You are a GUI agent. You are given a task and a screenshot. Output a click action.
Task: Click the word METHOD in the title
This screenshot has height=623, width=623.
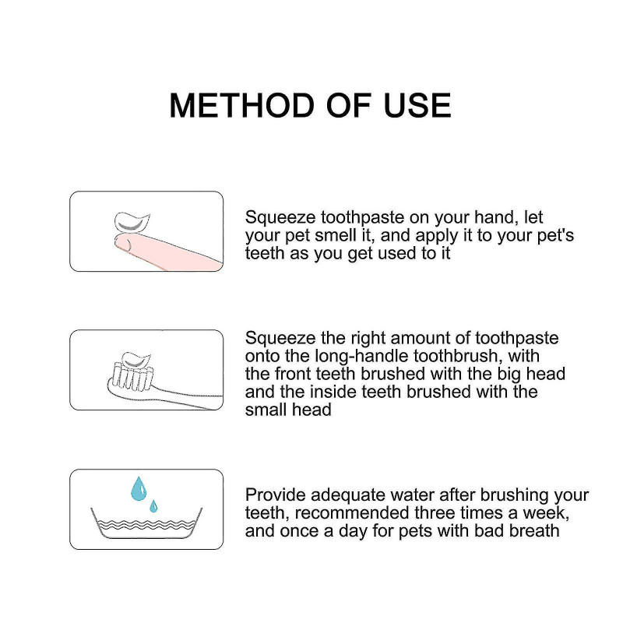(x=242, y=105)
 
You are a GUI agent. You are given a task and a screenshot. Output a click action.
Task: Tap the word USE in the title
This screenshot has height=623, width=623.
(x=417, y=105)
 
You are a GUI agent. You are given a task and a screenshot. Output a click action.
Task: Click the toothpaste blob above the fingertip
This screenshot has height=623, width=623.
(x=132, y=223)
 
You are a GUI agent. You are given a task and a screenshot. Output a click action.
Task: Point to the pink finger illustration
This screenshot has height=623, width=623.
(x=167, y=249)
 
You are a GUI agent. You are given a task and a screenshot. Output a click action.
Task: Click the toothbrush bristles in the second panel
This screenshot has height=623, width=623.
(x=132, y=376)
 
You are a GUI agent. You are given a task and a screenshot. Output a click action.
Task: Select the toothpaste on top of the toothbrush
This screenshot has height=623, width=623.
(x=136, y=360)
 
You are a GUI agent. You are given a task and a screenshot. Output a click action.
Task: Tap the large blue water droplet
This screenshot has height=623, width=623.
(x=139, y=489)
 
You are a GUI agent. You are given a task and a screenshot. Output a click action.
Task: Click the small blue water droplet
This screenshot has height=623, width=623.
(x=153, y=506)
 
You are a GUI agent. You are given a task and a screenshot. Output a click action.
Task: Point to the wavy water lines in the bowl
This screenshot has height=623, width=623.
(x=146, y=525)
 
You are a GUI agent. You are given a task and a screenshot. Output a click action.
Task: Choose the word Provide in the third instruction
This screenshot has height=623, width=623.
(x=275, y=495)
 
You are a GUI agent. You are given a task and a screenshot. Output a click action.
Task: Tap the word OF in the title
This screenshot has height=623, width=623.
(x=349, y=105)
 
